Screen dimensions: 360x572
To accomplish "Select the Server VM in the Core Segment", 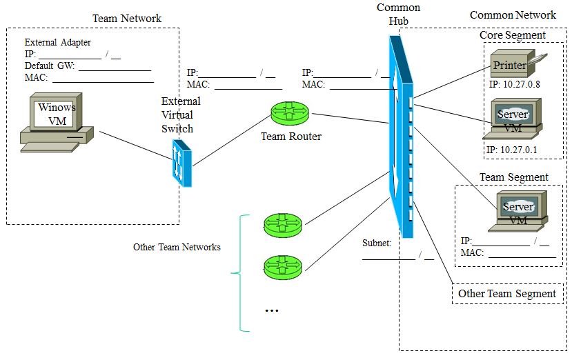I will pos(513,119).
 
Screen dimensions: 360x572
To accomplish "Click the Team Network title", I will pos(127,18).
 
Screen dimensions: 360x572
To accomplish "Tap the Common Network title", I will pos(512,14).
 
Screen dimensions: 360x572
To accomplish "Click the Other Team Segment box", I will pos(507,294).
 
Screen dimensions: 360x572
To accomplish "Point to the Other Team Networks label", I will pos(177,247).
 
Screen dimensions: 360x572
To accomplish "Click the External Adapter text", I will pos(57,42).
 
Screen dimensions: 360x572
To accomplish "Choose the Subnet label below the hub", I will pos(377,243).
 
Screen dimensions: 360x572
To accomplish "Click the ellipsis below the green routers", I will pos(271,311).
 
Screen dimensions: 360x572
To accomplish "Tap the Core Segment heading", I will pos(512,35).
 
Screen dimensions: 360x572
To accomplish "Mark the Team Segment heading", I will pos(513,177).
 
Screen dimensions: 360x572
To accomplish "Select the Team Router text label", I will pos(290,137).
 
